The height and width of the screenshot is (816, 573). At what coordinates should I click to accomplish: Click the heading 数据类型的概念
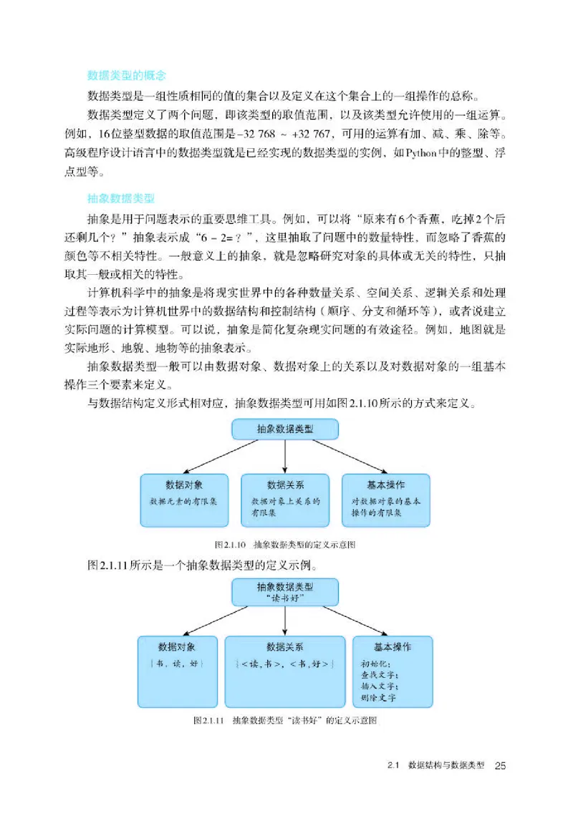click(126, 75)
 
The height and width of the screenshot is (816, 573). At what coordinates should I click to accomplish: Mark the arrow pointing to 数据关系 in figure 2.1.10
click(285, 456)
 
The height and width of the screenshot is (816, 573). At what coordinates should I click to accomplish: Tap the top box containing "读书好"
click(285, 591)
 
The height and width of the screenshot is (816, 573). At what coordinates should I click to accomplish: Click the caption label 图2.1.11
click(209, 720)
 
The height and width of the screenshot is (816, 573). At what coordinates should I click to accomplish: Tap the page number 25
click(501, 766)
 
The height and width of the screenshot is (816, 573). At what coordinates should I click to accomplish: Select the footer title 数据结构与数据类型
click(446, 766)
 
